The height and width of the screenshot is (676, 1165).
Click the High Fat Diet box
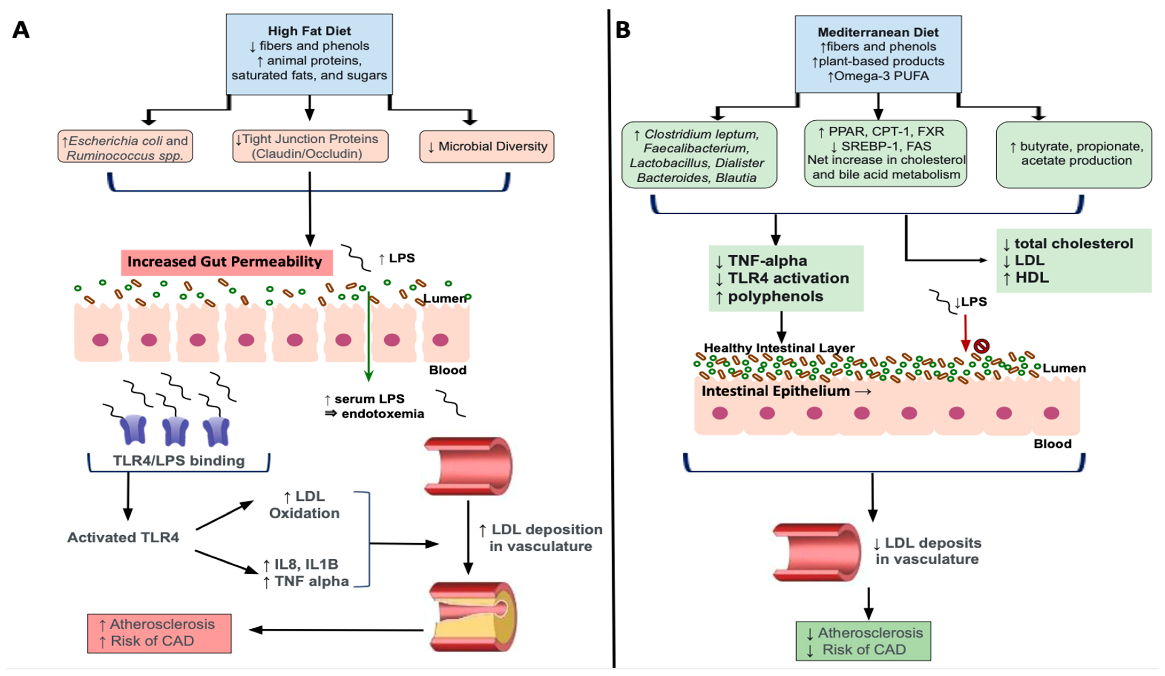point(309,54)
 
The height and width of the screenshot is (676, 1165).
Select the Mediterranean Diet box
point(878,54)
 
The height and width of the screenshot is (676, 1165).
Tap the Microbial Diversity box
point(486,147)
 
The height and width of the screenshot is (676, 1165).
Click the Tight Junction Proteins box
point(310,146)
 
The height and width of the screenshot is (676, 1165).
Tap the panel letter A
point(21,30)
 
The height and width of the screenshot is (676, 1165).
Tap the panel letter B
point(623,30)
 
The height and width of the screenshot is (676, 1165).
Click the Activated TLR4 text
point(123,537)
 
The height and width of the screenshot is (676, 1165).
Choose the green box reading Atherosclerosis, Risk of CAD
point(863,641)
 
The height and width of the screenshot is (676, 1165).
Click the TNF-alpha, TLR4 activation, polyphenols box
point(786,278)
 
